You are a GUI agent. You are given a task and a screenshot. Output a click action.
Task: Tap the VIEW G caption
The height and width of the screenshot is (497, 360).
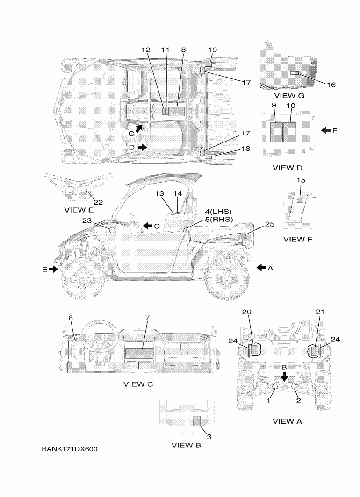click(289, 95)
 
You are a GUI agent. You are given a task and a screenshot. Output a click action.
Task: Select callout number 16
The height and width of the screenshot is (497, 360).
click(317, 85)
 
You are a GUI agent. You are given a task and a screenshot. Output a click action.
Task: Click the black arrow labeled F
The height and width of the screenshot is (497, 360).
click(326, 131)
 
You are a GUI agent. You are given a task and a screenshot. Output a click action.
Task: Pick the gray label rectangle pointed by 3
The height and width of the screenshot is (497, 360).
click(197, 421)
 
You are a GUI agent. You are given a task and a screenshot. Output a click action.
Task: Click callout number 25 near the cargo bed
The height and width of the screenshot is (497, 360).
click(269, 225)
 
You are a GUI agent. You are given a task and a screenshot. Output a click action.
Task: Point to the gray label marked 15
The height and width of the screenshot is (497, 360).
click(300, 199)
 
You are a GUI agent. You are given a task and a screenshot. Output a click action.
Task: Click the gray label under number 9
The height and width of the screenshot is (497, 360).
click(275, 132)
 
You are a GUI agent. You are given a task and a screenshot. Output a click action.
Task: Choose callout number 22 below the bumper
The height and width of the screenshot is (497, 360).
click(98, 202)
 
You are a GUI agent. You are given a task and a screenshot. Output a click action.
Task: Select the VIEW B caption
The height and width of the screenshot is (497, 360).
click(186, 445)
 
